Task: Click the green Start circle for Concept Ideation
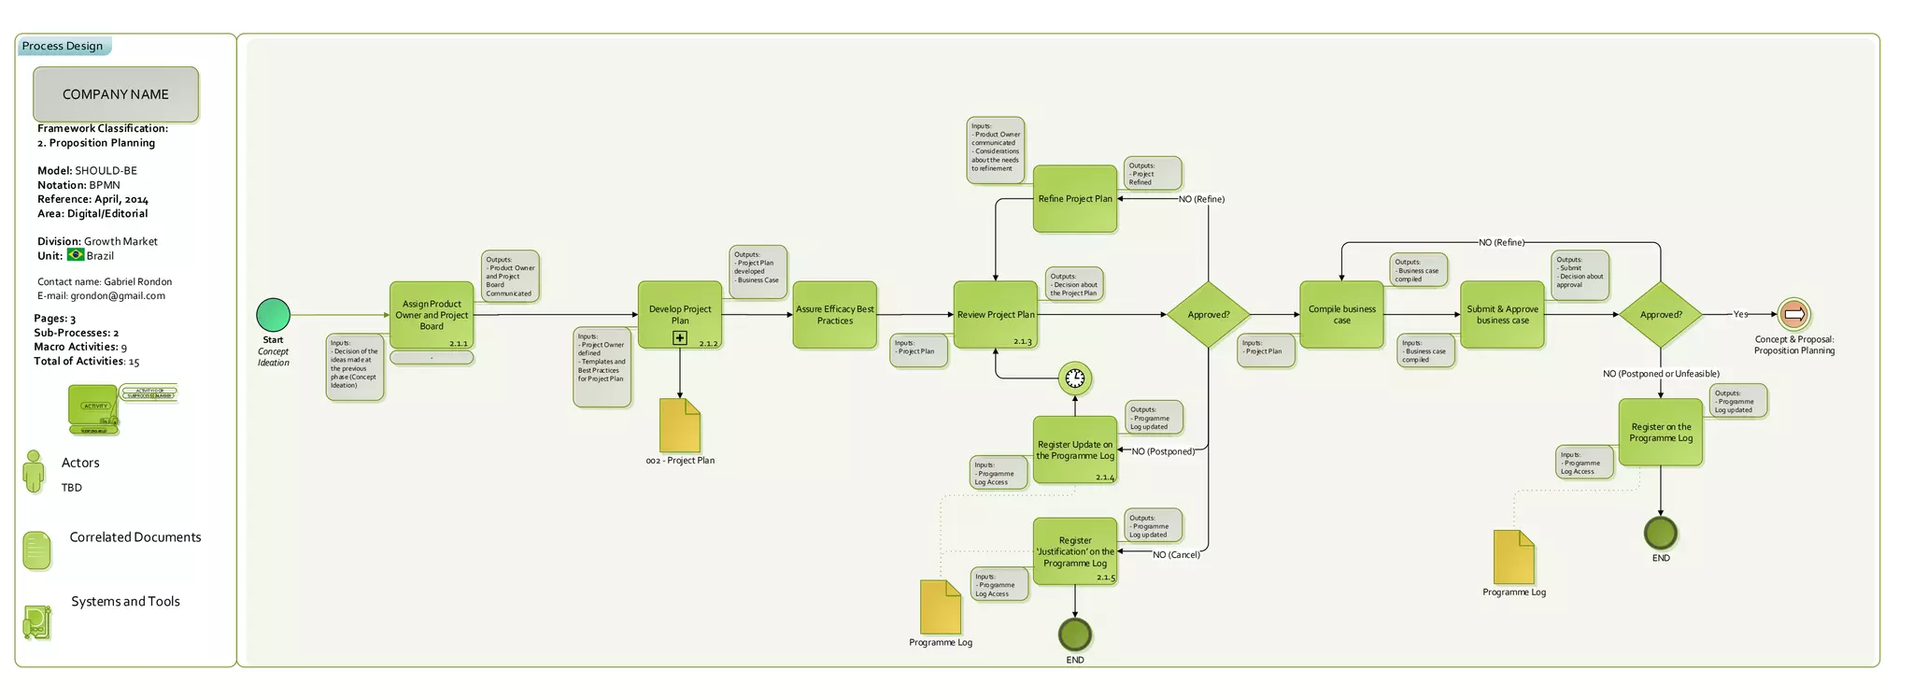(x=274, y=315)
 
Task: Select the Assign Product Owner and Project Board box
(x=432, y=315)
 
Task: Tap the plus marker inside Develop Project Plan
(x=680, y=338)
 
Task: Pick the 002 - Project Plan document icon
(x=680, y=425)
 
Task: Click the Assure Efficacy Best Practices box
(x=835, y=315)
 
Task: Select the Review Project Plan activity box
(x=996, y=315)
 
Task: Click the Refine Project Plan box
(x=1075, y=199)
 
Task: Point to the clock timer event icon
(x=1075, y=378)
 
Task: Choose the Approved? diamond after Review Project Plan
(x=1209, y=315)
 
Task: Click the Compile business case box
(x=1341, y=315)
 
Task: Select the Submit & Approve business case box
(x=1502, y=315)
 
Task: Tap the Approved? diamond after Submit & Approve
(x=1661, y=315)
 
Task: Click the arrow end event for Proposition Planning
(x=1793, y=315)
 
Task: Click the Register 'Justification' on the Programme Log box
(x=1075, y=551)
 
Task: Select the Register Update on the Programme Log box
(x=1075, y=450)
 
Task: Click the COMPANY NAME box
(x=116, y=94)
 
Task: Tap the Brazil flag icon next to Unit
(x=76, y=255)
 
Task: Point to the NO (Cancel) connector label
(x=1176, y=555)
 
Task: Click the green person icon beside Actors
(x=34, y=472)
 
